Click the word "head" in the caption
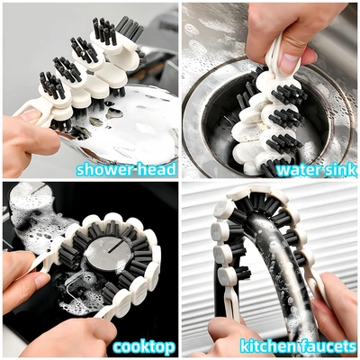[157, 169]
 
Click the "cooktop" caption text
[144, 347]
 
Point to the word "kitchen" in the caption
[267, 346]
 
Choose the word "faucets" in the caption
[328, 346]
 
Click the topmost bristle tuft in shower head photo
[130, 29]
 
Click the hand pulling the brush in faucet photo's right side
[335, 306]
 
